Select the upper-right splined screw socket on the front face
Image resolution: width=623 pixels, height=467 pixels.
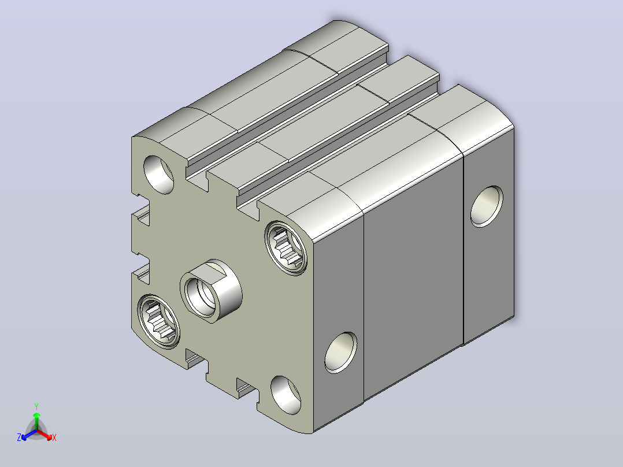click(286, 248)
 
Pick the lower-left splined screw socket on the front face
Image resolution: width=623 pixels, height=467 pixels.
click(158, 321)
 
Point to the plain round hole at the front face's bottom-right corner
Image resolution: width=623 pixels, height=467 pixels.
click(285, 395)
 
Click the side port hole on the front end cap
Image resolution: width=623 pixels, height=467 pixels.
click(341, 353)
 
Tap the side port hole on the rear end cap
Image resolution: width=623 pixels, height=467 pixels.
click(487, 207)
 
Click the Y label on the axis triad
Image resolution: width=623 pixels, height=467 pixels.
click(36, 406)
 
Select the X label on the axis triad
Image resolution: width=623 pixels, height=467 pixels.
click(54, 438)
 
